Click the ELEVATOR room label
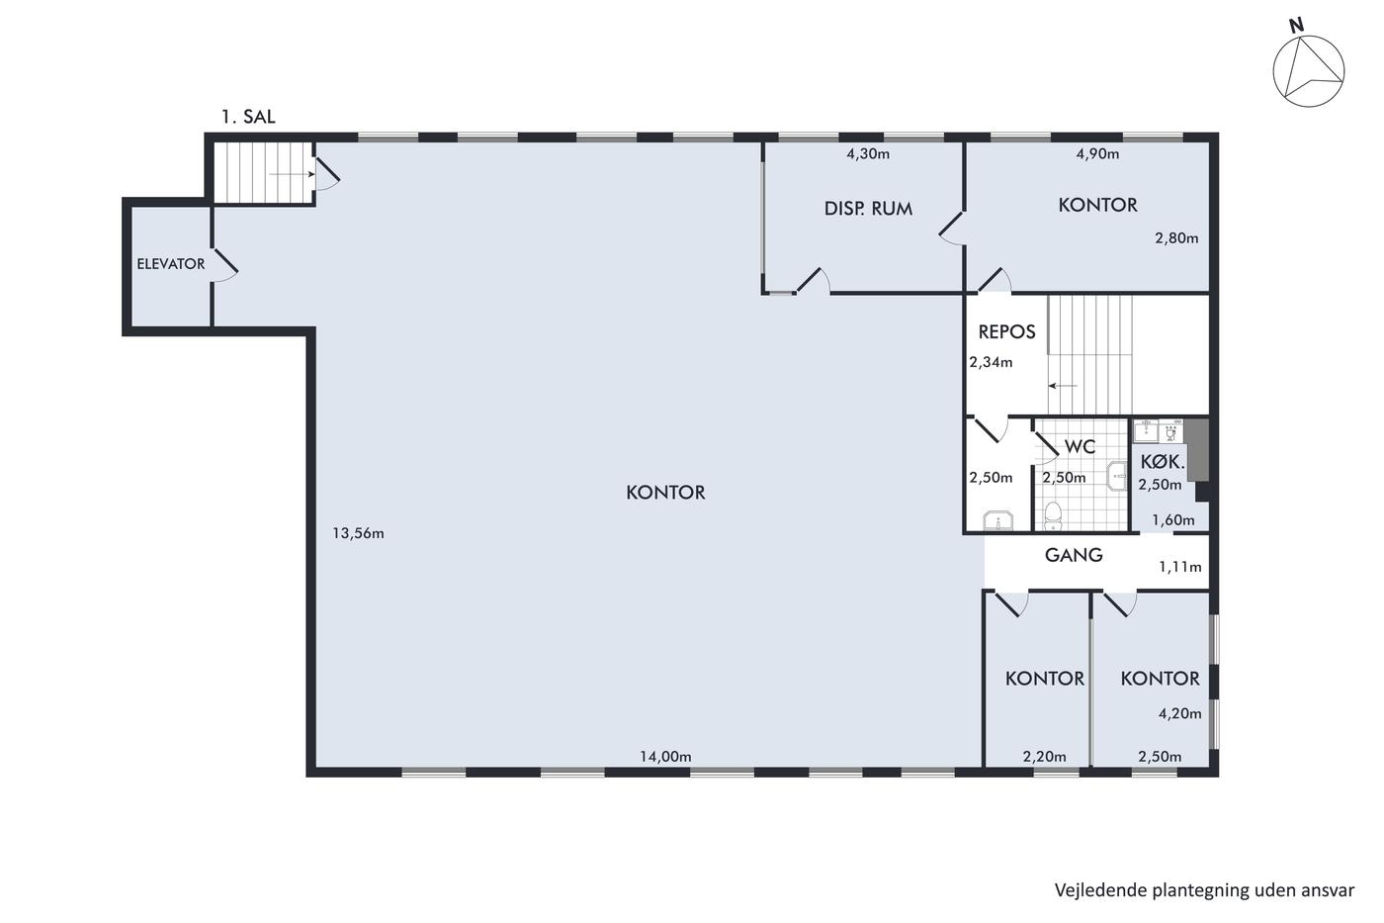pos(170,264)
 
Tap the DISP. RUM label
pos(868,209)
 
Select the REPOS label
pos(1006,332)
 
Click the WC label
pos(1080,446)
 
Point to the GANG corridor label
pos(1074,555)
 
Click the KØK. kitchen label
pos(1163,462)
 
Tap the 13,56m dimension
pos(358,533)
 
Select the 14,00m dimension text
pos(665,756)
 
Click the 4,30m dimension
pos(868,154)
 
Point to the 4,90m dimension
pos(1098,154)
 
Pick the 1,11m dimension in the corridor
pos(1180,567)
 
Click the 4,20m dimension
pos(1180,714)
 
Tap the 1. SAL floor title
pos(248,117)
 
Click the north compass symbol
pos(1309,69)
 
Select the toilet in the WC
pos(1053,515)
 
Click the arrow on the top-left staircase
pos(293,174)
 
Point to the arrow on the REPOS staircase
pos(1063,386)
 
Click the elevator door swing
pos(225,267)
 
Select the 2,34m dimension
pos(991,362)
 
